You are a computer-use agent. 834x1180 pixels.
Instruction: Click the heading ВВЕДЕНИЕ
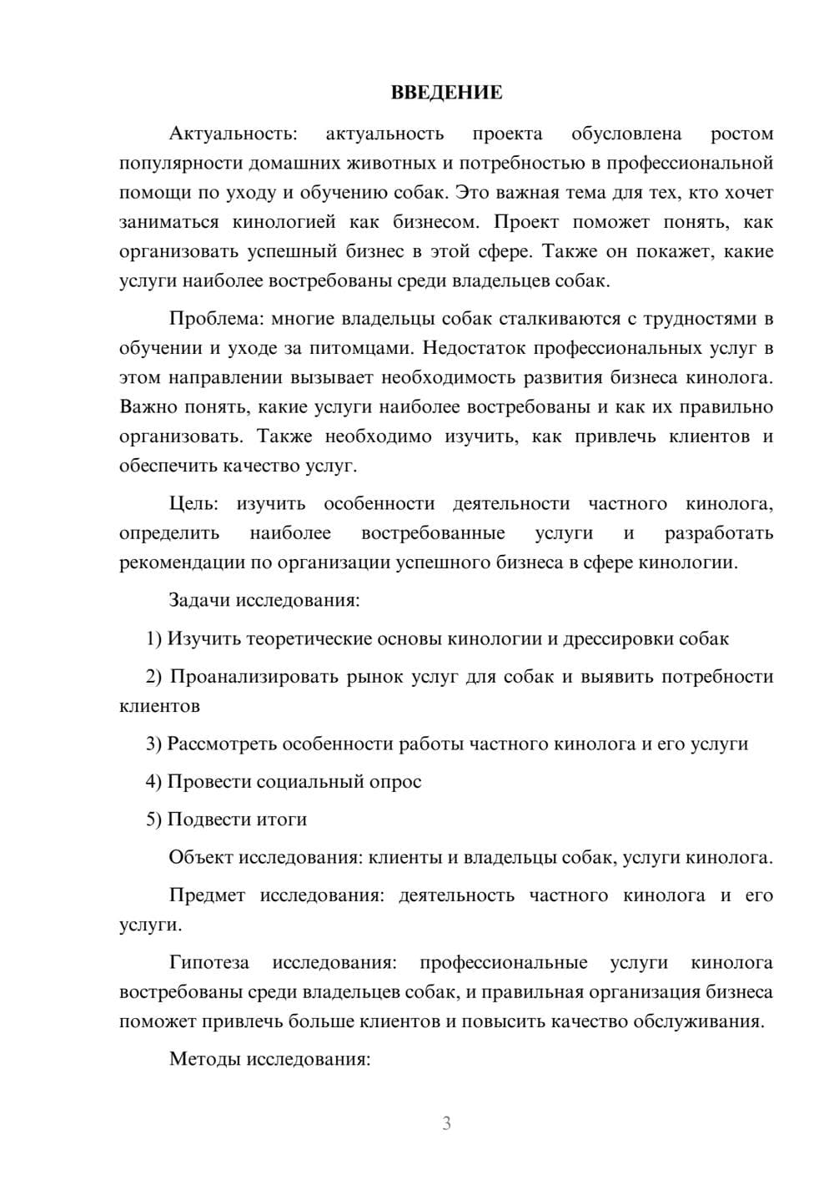(x=446, y=93)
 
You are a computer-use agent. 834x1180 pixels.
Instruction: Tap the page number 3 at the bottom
(x=446, y=1123)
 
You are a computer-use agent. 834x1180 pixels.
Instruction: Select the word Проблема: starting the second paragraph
(x=208, y=319)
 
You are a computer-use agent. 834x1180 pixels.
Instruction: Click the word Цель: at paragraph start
(x=193, y=503)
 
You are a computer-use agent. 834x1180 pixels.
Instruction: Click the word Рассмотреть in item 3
(x=222, y=744)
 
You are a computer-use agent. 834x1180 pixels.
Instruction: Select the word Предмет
(x=207, y=895)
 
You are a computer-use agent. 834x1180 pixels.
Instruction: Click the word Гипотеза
(x=208, y=962)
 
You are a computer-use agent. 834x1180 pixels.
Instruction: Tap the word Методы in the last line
(x=203, y=1059)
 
